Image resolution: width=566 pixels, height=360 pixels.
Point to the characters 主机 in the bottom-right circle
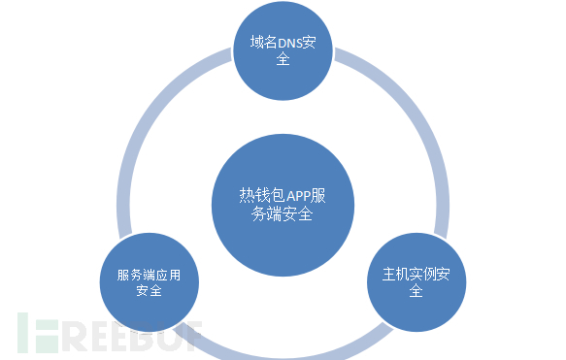[x=385, y=274]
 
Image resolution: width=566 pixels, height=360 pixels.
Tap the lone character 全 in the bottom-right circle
[x=416, y=291]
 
